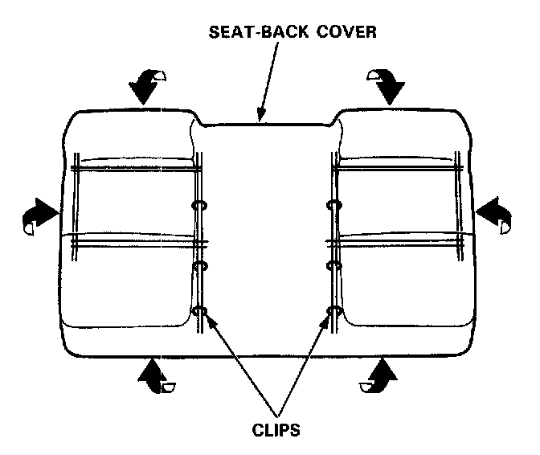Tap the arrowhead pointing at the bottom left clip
coord(207,320)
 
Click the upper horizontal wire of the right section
coord(398,169)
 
